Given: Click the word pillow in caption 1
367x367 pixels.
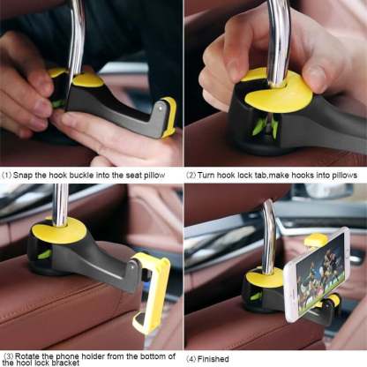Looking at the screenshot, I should point(163,175).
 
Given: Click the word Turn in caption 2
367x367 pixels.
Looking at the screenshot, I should point(209,175).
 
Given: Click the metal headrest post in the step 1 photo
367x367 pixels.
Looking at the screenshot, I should point(77,35).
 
